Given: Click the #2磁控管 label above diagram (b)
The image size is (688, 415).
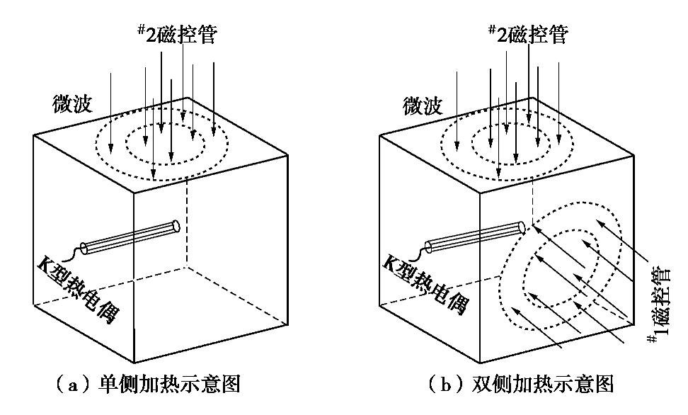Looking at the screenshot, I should [527, 33].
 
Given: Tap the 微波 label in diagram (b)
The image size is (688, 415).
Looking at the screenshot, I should [423, 105].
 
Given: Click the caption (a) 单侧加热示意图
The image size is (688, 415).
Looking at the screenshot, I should [148, 385].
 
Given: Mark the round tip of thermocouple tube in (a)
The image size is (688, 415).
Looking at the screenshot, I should [176, 226].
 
